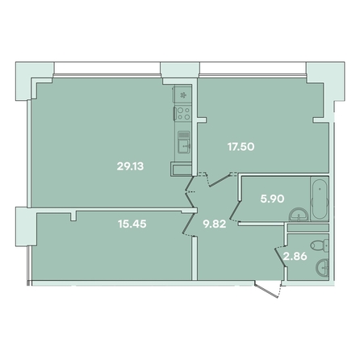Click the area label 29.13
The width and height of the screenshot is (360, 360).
point(130,166)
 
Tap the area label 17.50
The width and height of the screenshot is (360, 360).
point(241,147)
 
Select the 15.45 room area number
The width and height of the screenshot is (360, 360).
point(132,224)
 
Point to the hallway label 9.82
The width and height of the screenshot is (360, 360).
point(215,224)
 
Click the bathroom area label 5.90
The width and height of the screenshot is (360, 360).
point(272,199)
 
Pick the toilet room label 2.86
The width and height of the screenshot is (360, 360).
point(295,257)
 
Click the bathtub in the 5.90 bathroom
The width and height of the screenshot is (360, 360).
point(320,199)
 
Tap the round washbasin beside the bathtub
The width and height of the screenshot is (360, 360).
point(299,215)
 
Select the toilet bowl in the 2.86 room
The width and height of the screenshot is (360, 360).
point(320,245)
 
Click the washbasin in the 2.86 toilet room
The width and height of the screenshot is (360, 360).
point(322,267)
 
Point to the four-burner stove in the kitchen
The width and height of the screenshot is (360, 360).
point(183,113)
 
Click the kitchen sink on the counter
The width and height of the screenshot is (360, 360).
point(184,142)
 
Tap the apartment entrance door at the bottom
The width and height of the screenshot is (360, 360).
point(267,290)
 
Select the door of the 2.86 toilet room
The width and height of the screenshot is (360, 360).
point(280,257)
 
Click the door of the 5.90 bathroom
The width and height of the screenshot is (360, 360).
point(236,211)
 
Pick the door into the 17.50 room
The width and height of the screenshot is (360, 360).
point(219,179)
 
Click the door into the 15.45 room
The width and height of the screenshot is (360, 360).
point(188,224)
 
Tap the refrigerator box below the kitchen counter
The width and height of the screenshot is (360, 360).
point(182,170)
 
